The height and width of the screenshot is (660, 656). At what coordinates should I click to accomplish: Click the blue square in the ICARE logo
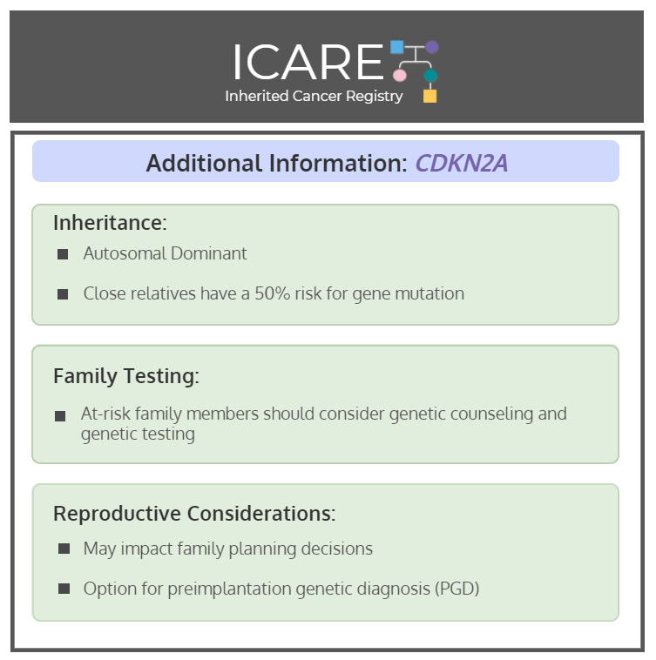pyautogui.click(x=397, y=47)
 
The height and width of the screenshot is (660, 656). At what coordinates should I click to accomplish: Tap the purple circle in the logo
pyautogui.click(x=432, y=47)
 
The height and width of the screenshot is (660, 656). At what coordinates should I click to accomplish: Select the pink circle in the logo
pyautogui.click(x=400, y=76)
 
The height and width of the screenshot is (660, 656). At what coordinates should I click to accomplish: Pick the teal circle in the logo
pyautogui.click(x=430, y=76)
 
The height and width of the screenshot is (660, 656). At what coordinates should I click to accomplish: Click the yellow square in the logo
pyautogui.click(x=429, y=96)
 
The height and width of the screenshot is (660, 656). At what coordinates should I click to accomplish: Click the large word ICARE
pyautogui.click(x=308, y=62)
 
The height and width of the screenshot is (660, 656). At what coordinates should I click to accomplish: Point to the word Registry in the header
pyautogui.click(x=375, y=97)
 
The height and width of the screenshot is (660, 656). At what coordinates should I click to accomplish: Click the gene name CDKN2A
pyautogui.click(x=462, y=163)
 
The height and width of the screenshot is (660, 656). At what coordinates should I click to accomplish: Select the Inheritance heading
pyautogui.click(x=111, y=223)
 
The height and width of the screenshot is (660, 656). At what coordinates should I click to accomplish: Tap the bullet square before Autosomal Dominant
pyautogui.click(x=63, y=254)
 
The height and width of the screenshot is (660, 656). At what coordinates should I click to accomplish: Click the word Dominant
pyautogui.click(x=209, y=253)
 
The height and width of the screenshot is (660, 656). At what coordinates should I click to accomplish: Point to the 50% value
pyautogui.click(x=273, y=293)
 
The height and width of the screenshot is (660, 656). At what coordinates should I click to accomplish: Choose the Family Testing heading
pyautogui.click(x=126, y=376)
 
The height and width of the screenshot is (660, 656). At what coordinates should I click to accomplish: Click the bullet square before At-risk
pyautogui.click(x=60, y=416)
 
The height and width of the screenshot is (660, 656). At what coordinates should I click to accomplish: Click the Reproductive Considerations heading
pyautogui.click(x=194, y=514)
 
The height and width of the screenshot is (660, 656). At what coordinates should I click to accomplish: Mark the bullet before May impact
pyautogui.click(x=64, y=549)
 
